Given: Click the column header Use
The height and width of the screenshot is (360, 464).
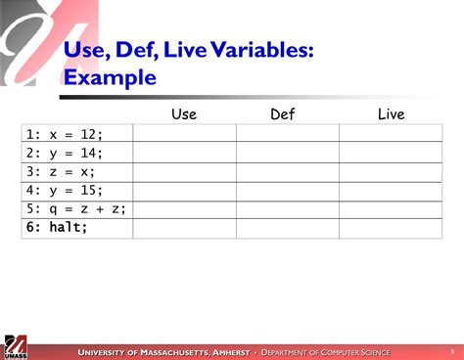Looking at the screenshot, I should pos(183,114).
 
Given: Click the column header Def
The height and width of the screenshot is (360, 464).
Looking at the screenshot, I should pos(282,114).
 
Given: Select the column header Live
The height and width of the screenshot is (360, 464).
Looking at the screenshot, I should pos(391,114).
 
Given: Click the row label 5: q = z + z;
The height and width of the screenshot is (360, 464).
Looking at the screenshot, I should pos(75,208).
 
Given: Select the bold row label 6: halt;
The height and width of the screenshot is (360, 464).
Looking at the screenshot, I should pos(57,228).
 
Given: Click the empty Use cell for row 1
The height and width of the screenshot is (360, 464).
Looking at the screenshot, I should pos(184,134).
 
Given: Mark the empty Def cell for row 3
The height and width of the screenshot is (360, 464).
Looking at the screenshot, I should pos(287,171).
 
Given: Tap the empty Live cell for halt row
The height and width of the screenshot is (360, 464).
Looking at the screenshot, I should pos(391,228).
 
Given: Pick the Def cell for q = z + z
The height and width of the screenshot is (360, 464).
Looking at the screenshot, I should pos(287,208).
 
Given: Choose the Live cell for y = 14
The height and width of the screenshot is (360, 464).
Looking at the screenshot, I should pos(391,153).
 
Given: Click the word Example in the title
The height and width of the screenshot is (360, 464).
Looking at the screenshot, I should pos(110,77).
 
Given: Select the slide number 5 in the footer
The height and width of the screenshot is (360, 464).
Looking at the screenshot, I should pos(451,351).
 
